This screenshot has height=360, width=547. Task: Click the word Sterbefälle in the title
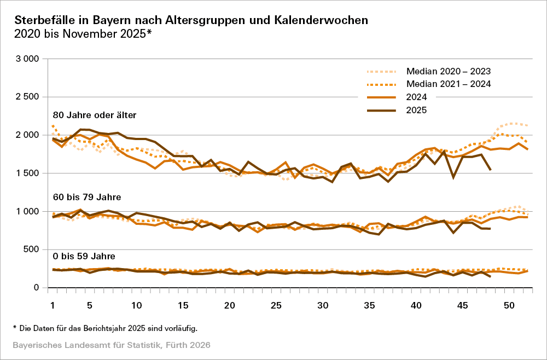click(x=45, y=20)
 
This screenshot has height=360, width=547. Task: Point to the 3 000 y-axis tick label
click(x=27, y=59)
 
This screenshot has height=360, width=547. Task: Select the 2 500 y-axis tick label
click(x=27, y=97)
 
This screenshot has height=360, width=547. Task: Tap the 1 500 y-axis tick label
click(x=27, y=173)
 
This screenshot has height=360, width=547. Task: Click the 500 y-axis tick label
click(x=32, y=249)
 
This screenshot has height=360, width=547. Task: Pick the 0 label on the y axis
click(x=37, y=288)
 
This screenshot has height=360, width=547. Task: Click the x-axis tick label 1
click(x=53, y=304)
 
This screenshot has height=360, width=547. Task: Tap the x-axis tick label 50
click(x=508, y=304)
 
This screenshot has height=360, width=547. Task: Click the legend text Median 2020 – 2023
click(x=448, y=71)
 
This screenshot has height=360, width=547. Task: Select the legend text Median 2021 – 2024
click(x=448, y=84)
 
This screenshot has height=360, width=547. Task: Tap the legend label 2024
click(x=416, y=97)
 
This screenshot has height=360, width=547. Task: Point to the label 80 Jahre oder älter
click(x=94, y=115)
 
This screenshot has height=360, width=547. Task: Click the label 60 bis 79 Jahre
click(x=86, y=196)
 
